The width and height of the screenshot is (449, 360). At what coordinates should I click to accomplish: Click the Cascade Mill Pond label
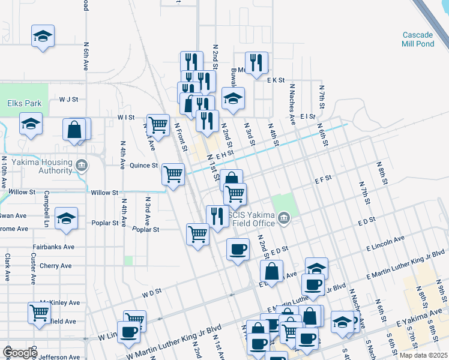(x=418, y=40)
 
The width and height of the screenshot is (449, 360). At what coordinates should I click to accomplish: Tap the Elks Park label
(x=25, y=103)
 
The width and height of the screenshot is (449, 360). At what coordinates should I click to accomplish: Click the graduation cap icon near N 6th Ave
(x=43, y=37)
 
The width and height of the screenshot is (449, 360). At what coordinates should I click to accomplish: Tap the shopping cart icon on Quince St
(x=173, y=175)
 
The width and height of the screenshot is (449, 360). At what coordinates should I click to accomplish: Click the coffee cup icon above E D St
(x=238, y=248)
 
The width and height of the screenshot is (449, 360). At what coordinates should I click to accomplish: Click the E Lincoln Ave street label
(x=381, y=243)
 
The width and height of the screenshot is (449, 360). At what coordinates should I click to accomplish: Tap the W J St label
(x=68, y=99)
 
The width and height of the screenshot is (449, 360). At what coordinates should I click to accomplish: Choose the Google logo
(x=19, y=353)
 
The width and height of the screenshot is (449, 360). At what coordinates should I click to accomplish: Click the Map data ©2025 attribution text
(x=423, y=355)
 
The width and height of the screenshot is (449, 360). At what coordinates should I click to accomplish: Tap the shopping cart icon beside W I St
(x=158, y=125)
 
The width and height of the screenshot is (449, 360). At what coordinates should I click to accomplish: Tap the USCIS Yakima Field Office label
(x=252, y=218)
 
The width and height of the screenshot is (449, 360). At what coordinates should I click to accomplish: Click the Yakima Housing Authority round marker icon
(x=82, y=164)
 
